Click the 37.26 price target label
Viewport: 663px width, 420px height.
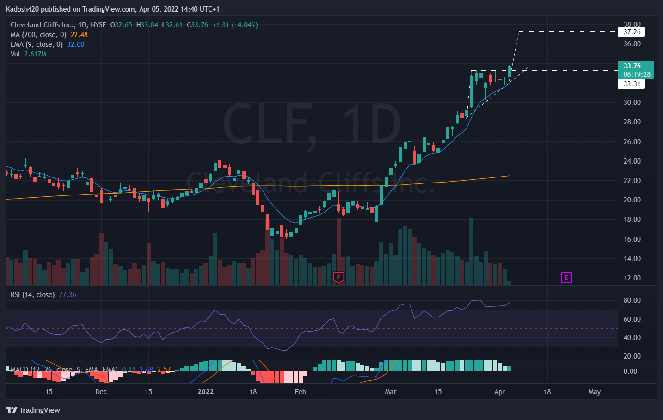coord(632,32)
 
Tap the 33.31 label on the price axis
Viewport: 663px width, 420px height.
coord(632,84)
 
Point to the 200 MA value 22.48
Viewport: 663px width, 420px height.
coord(79,35)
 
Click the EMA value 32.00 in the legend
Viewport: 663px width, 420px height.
coord(75,44)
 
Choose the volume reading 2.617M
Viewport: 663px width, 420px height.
coord(35,54)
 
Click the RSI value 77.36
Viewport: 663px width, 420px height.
coord(68,295)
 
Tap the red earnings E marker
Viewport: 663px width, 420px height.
coord(338,278)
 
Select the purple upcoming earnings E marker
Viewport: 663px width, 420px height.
coord(566,277)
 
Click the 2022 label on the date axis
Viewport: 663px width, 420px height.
coord(205,392)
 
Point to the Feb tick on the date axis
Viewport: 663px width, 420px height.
coord(301,392)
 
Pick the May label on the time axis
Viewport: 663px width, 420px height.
coord(595,392)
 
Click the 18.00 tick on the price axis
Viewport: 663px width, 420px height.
coord(632,219)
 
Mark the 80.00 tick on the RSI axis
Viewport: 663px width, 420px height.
coord(632,300)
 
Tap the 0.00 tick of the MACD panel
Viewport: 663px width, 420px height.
coord(630,371)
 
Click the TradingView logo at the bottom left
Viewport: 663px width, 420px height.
coord(33,410)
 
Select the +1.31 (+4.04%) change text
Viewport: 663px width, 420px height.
coord(235,25)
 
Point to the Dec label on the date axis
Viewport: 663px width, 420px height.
coord(101,392)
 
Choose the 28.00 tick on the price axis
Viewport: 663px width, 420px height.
coord(632,122)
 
